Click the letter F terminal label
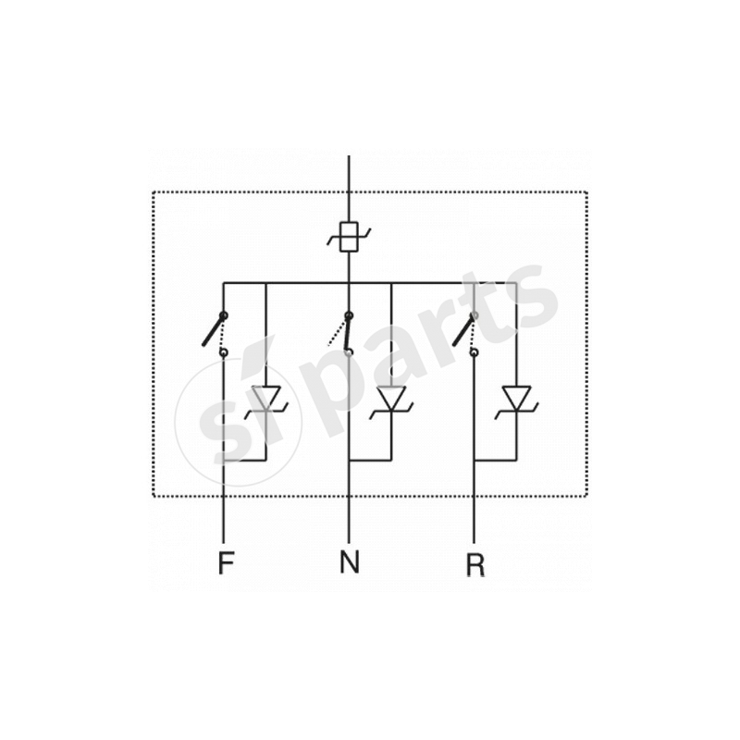[x=224, y=561]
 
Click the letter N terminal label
[x=349, y=561]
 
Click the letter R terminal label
[x=475, y=564]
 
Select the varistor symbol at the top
[x=349, y=237]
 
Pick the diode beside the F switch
[x=266, y=399]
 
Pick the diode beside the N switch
[x=391, y=399]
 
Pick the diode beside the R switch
[x=515, y=399]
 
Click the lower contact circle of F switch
[x=223, y=352]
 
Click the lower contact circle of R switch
[x=474, y=352]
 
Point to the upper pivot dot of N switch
[x=349, y=315]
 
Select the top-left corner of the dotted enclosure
[x=153, y=192]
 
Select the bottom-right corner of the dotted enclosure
[x=587, y=497]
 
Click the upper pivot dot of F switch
[x=225, y=315]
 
